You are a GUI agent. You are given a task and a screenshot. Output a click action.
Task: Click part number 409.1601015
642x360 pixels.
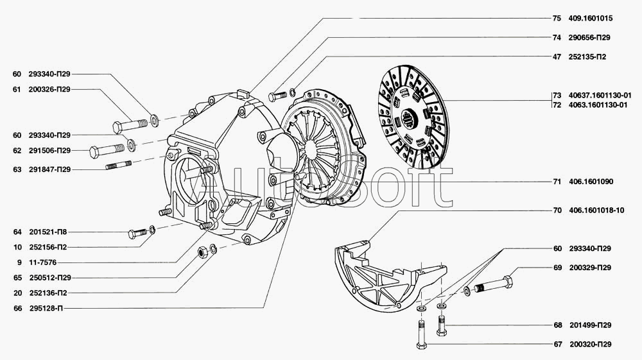point(590,18)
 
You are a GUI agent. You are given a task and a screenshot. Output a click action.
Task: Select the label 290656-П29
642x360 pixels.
point(589,37)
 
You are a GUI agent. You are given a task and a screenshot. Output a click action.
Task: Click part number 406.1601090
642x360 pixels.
point(591,182)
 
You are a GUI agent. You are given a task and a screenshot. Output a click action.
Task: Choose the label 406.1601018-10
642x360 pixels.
point(596,210)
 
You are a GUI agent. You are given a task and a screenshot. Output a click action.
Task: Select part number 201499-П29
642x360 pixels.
point(589,325)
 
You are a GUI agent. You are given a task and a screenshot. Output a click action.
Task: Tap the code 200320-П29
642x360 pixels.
point(589,345)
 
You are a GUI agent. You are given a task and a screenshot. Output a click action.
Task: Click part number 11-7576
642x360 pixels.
point(41,262)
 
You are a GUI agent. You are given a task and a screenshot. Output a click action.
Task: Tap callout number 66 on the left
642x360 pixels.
point(17,308)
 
